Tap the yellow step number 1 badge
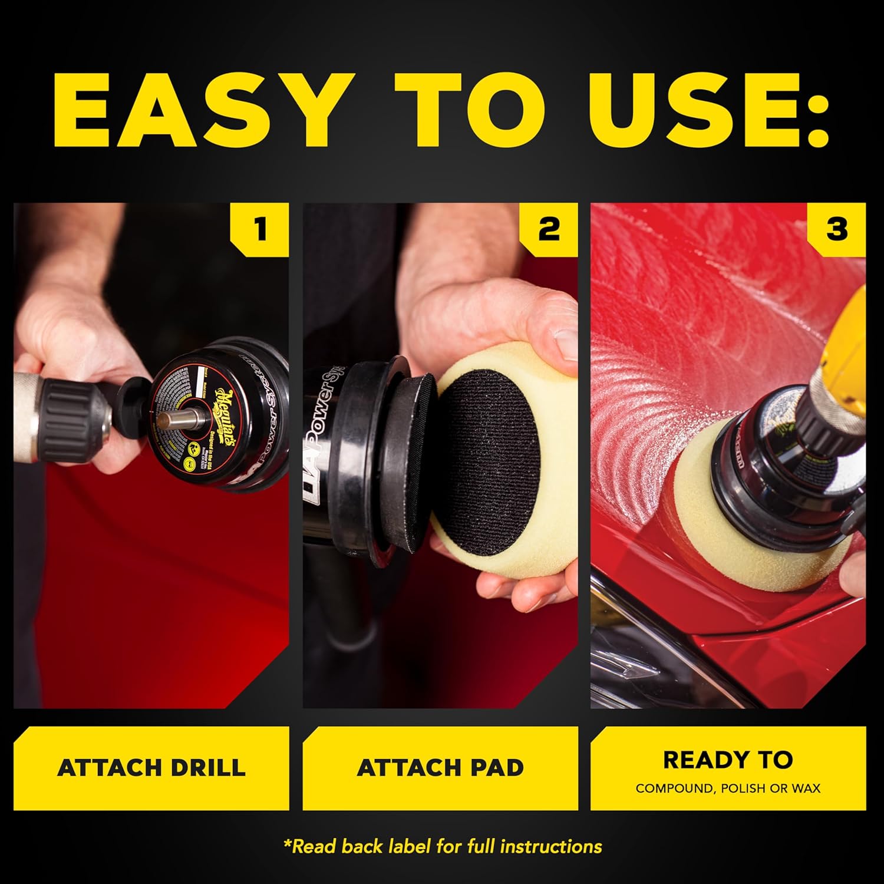click(260, 229)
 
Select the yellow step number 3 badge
click(836, 229)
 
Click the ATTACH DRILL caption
click(151, 768)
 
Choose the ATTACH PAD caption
click(440, 768)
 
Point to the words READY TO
click(728, 760)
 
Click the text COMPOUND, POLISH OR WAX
click(728, 789)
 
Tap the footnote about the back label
click(442, 847)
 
